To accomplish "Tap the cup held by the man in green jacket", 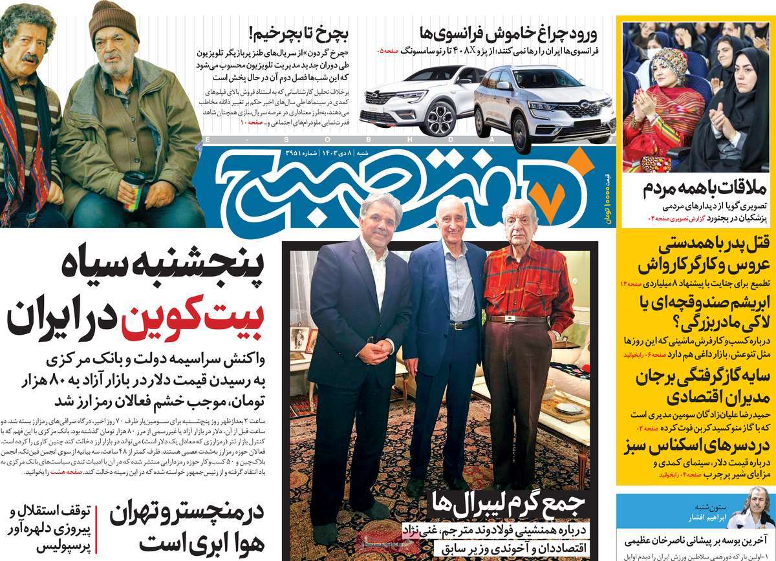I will click(x=134, y=188).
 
